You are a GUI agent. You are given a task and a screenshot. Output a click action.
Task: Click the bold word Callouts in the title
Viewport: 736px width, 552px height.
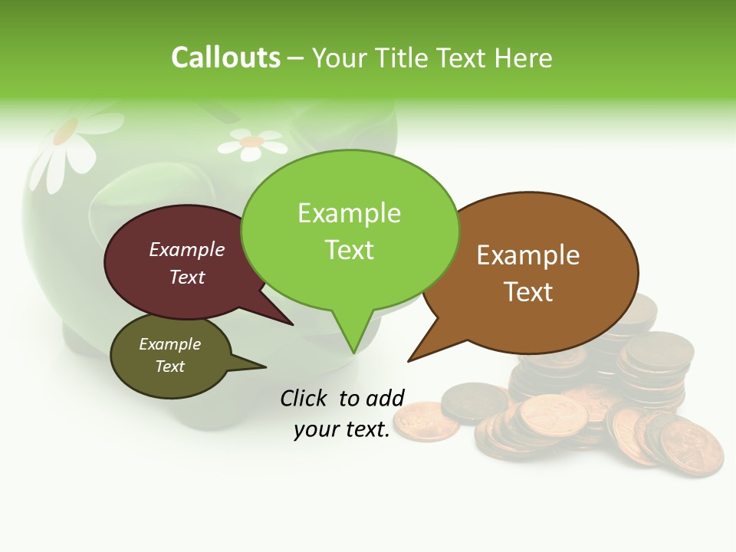point(225,58)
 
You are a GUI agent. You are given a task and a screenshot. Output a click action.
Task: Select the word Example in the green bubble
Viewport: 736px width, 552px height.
point(349,213)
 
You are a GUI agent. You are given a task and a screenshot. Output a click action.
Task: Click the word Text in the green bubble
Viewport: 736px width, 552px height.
point(349,250)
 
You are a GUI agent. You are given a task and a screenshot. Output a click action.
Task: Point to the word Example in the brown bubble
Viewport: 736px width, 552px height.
point(528,255)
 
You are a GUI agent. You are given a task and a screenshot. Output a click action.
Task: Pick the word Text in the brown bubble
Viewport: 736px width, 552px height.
point(528,292)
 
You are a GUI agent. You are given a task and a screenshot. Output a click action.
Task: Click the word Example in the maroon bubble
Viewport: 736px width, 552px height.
point(186,250)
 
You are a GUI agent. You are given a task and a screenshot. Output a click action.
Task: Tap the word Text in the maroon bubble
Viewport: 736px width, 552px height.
point(186,277)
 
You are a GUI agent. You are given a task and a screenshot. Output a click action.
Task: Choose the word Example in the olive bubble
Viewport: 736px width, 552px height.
point(169,344)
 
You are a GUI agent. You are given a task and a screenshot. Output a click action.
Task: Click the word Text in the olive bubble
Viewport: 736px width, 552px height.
point(169,366)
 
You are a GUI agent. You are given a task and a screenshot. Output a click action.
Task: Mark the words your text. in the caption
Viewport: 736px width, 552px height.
point(342,429)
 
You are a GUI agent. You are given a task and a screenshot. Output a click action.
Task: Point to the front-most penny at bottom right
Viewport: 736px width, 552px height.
point(692,448)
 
